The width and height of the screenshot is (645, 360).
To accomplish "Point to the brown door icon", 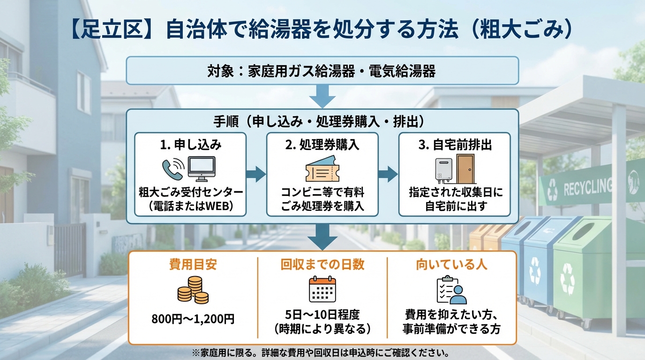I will click(465, 169).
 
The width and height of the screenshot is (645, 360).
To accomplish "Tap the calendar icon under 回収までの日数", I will click(322, 289).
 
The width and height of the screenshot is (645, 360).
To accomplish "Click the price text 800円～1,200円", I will click(193, 319).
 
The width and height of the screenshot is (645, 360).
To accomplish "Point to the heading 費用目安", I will click(193, 265).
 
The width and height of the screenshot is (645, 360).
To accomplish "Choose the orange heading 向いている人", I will click(451, 265).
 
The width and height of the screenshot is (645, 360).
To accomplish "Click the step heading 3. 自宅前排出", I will click(455, 145).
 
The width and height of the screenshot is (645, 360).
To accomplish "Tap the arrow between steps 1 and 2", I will click(256, 174).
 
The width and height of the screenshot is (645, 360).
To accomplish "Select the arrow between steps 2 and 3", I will click(388, 174).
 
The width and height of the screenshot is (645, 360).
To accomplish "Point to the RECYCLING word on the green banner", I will click(588, 188).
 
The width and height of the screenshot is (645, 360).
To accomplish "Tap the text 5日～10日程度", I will click(322, 314).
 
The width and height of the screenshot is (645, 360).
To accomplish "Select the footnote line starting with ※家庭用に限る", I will click(322, 352).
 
